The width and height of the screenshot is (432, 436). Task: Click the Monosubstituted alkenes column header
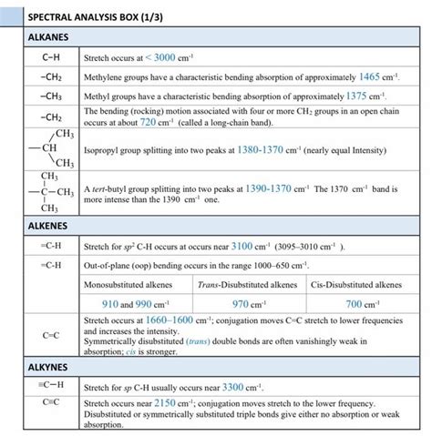pyautogui.click(x=136, y=285)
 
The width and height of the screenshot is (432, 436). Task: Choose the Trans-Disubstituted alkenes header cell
pyautogui.click(x=248, y=285)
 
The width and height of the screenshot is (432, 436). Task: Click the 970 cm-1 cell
pyautogui.click(x=249, y=304)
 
